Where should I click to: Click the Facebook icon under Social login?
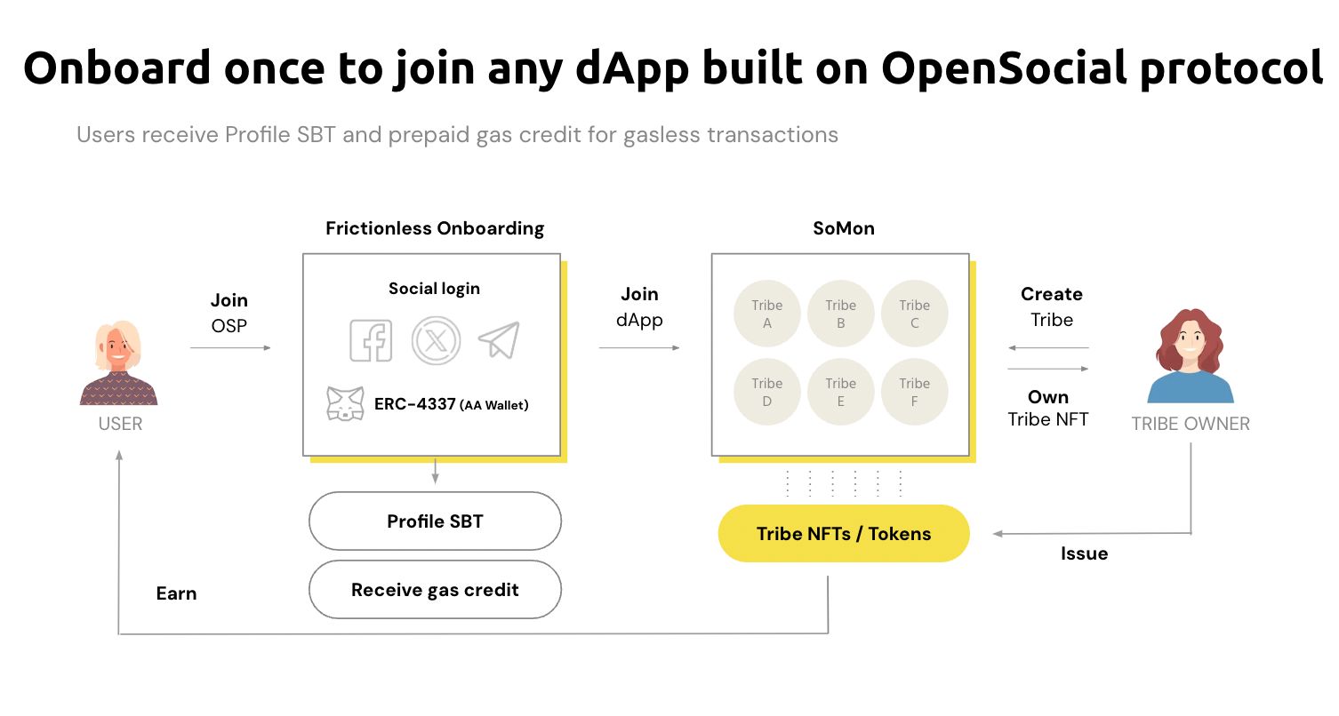point(371,340)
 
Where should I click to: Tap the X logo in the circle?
point(435,340)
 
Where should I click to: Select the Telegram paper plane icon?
point(499,339)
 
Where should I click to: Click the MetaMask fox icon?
point(345,404)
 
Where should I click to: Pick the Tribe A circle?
point(766,314)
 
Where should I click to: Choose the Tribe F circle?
point(914,392)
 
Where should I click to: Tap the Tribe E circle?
point(840,392)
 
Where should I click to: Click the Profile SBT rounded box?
point(435,521)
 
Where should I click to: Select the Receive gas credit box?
point(435,590)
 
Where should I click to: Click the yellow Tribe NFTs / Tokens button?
point(843,534)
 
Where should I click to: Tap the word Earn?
point(176,593)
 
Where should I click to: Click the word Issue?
point(1084,553)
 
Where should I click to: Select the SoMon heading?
point(843,228)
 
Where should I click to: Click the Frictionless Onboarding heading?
point(435,228)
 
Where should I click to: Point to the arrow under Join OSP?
point(230,347)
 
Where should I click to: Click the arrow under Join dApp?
point(639,347)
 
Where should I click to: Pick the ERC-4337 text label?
point(414,405)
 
